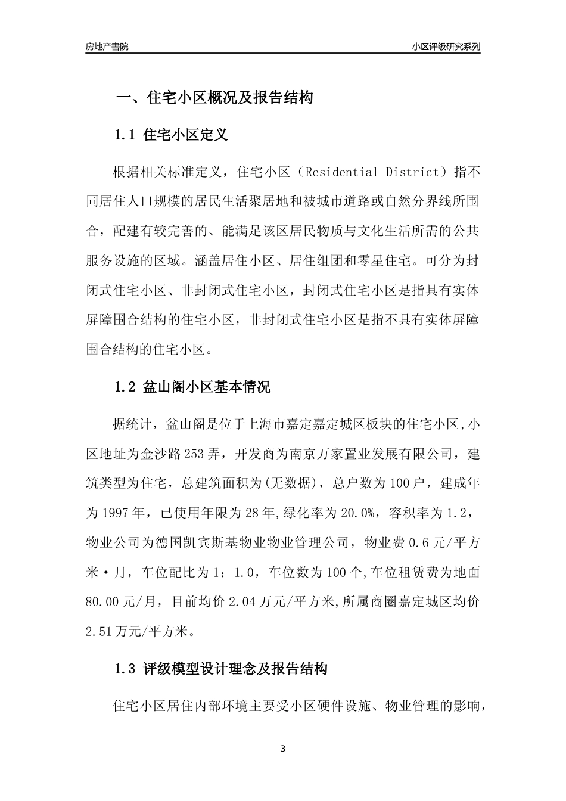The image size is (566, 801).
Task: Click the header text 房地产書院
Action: (x=107, y=46)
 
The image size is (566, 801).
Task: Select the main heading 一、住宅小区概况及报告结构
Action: (x=214, y=98)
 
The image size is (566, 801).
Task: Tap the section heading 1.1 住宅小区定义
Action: (x=171, y=135)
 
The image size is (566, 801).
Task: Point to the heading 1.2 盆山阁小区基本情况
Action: (x=192, y=387)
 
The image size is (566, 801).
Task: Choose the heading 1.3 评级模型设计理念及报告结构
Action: (x=220, y=669)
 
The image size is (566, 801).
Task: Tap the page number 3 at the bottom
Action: (x=283, y=749)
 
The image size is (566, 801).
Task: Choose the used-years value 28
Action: (x=263, y=513)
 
